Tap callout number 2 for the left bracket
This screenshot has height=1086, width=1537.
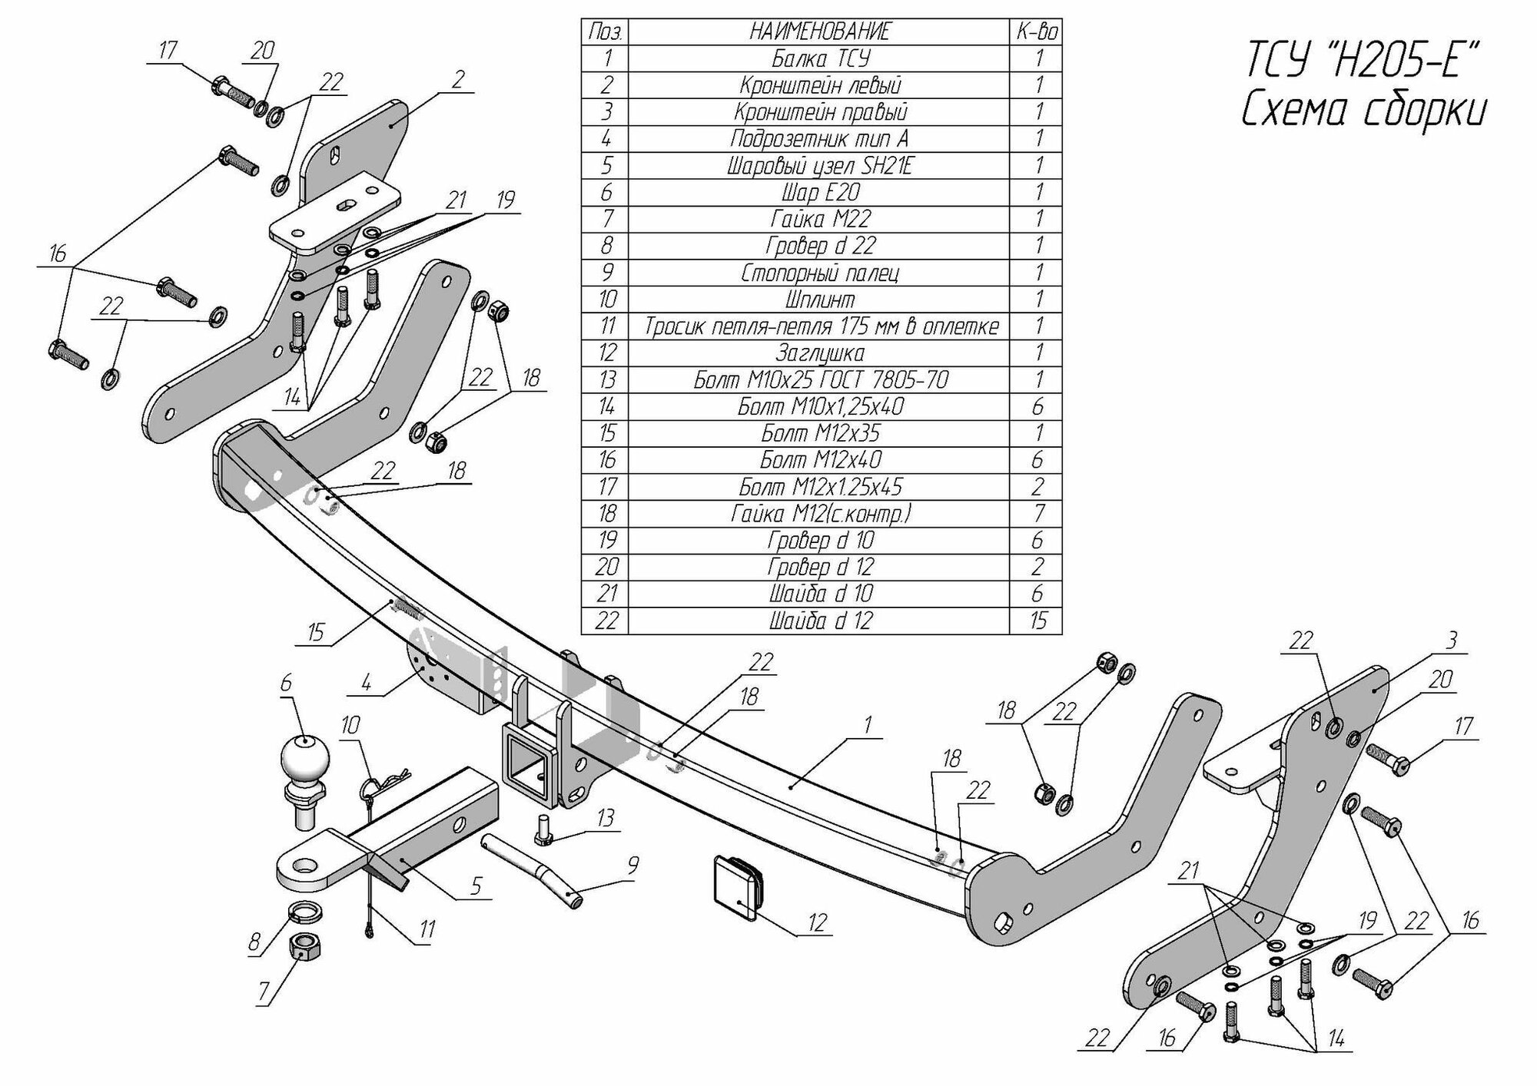458,80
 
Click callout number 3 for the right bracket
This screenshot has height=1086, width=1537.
1450,640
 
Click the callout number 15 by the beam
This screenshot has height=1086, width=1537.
316,633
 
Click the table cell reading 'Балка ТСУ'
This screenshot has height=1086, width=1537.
820,58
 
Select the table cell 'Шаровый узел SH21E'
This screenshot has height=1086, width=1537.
820,166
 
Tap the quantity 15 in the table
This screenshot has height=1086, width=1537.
1037,621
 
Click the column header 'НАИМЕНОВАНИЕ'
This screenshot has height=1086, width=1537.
820,31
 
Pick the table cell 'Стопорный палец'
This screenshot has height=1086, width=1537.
820,273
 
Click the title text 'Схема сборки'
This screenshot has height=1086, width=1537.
1363,112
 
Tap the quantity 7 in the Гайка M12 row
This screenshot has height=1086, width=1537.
1037,513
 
